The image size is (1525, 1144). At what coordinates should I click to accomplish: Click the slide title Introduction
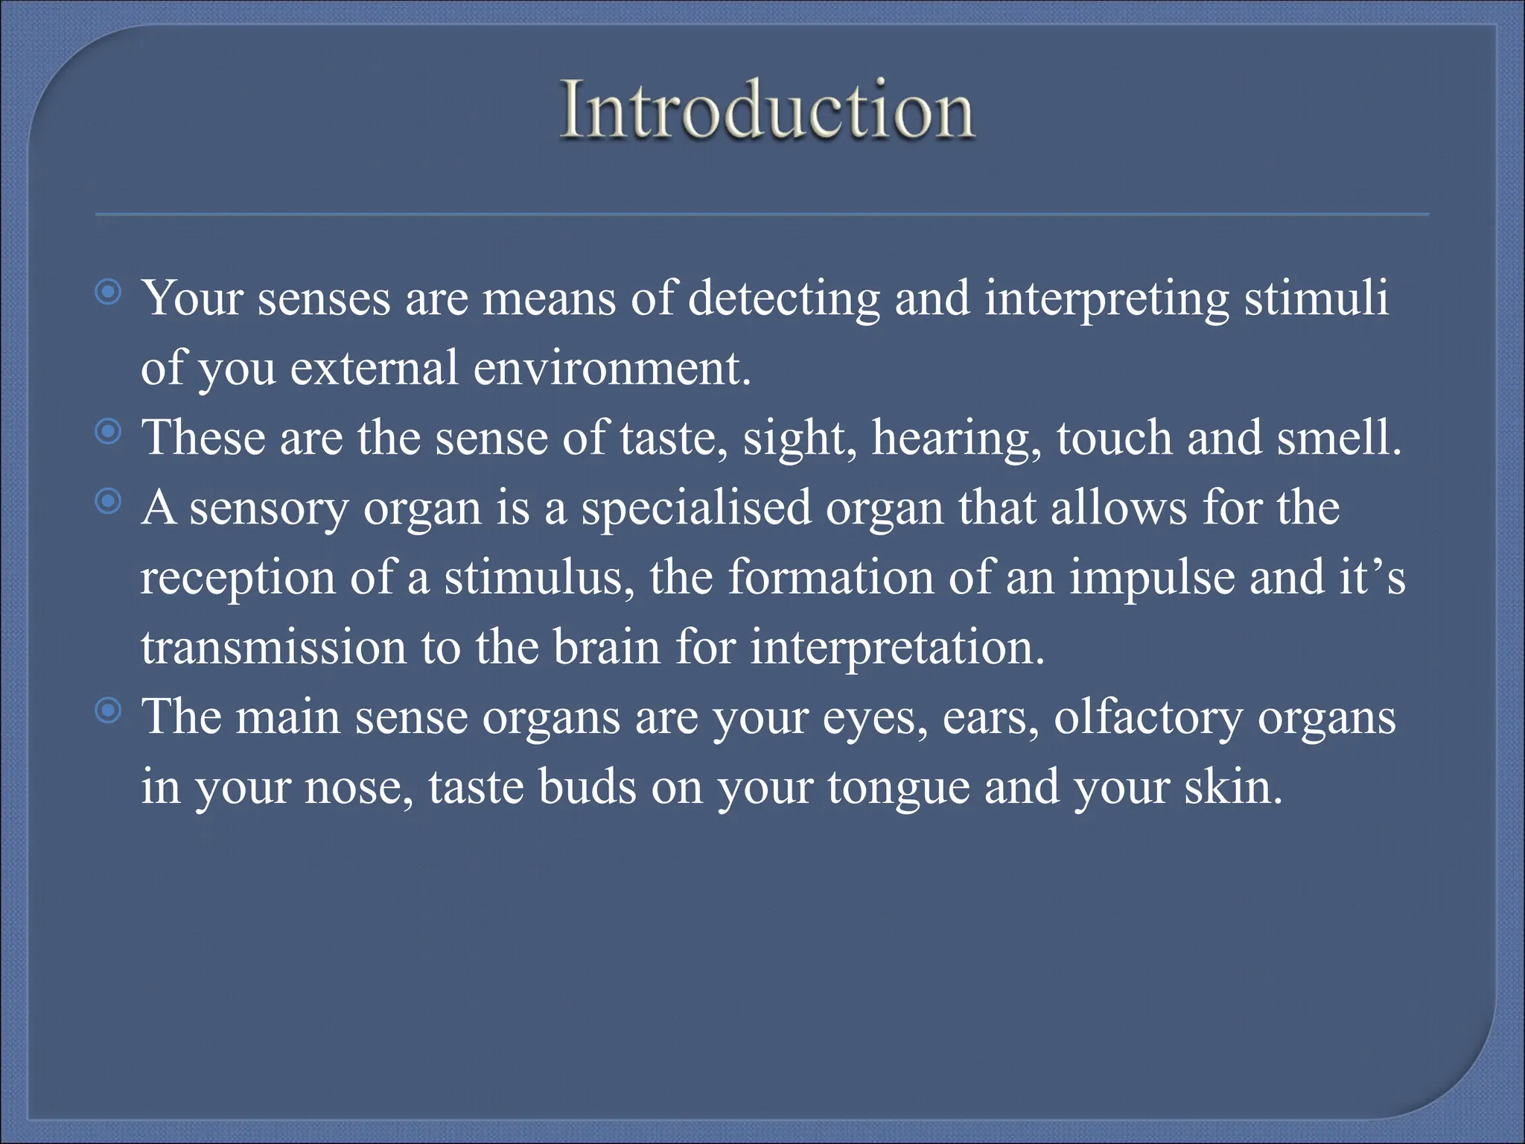click(767, 110)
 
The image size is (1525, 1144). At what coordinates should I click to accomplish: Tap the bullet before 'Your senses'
click(109, 293)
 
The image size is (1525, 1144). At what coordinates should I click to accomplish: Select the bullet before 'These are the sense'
click(109, 431)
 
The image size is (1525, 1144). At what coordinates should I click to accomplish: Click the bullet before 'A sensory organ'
click(109, 502)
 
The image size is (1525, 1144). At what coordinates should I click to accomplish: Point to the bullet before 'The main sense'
click(109, 711)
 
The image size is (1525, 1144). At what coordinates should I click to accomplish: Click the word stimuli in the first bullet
click(1317, 298)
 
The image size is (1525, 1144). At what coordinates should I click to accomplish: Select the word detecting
click(783, 299)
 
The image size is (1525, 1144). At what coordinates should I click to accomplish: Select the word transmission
click(273, 646)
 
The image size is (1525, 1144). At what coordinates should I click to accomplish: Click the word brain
click(606, 646)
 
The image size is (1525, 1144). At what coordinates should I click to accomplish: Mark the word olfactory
click(1148, 718)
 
